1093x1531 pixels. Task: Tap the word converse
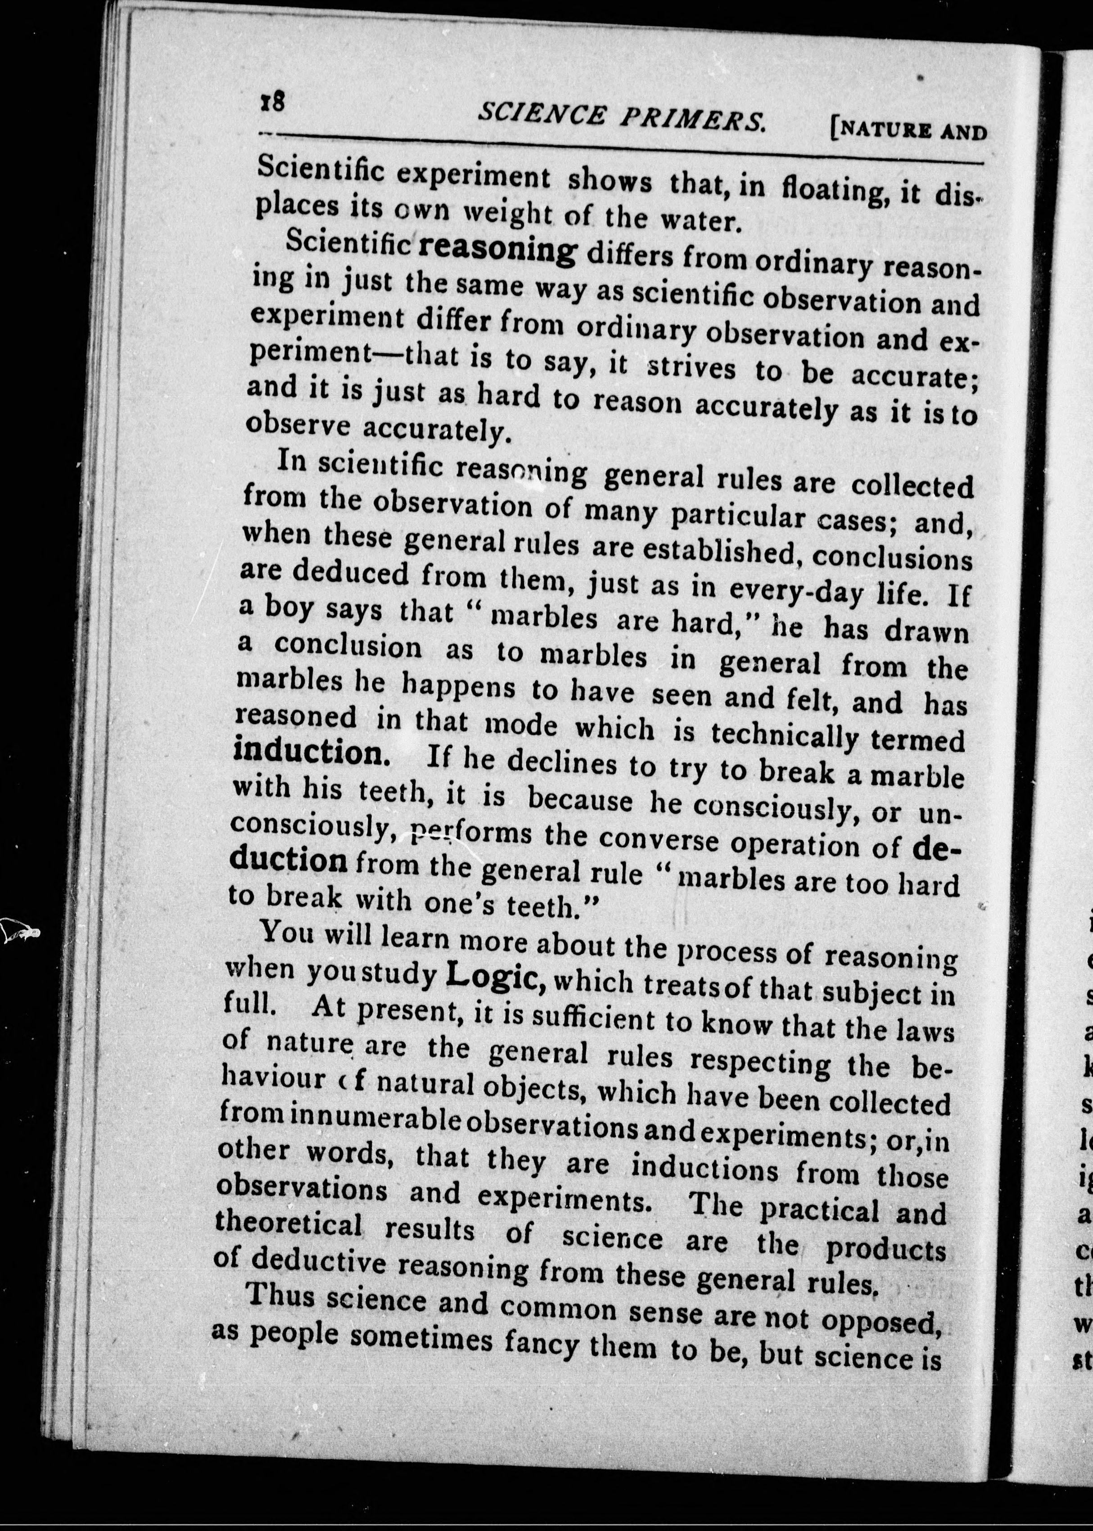click(x=650, y=842)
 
